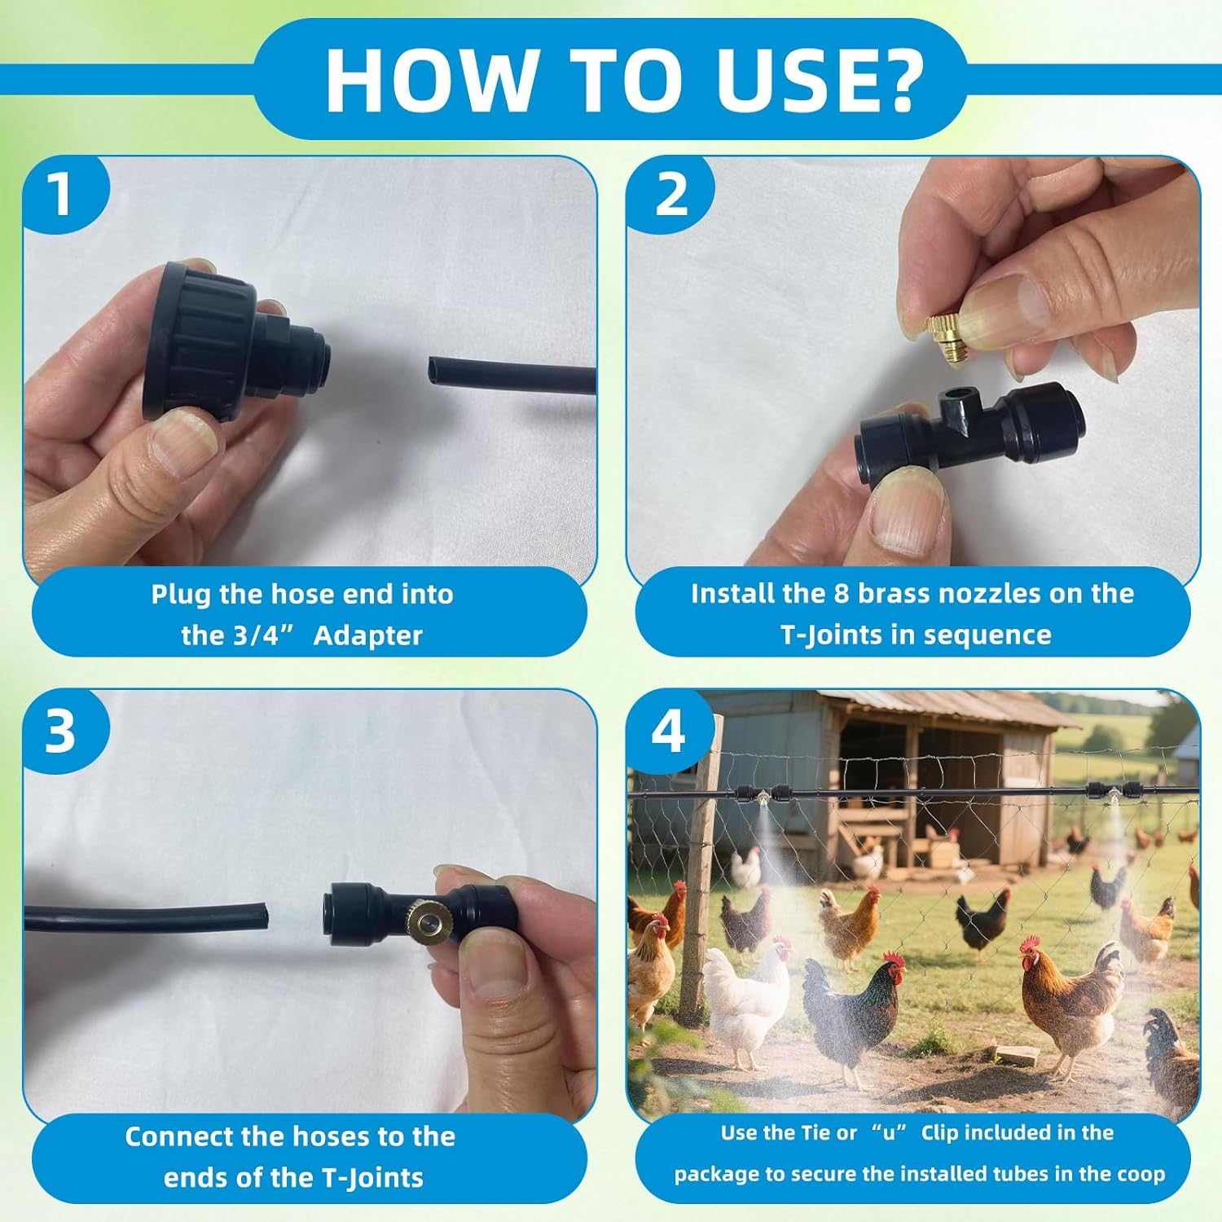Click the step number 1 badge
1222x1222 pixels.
pyautogui.click(x=62, y=196)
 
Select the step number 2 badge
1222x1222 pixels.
pyautogui.click(x=670, y=196)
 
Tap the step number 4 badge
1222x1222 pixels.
pyautogui.click(x=669, y=731)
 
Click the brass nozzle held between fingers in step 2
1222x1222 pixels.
pyautogui.click(x=947, y=338)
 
